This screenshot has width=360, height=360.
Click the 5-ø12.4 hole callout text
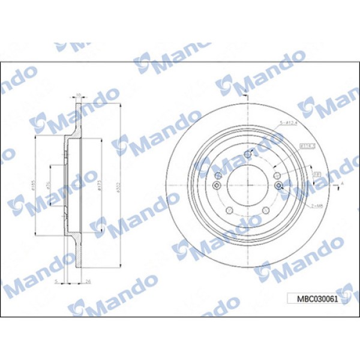point(289,123)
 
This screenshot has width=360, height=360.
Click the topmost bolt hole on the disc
point(247,155)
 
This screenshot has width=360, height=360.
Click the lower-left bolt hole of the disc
point(229,210)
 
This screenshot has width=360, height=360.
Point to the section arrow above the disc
point(246,91)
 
